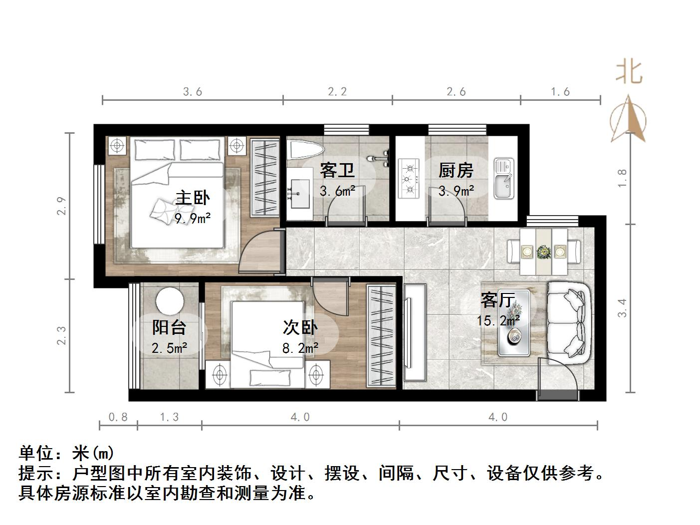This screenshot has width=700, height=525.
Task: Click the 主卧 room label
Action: click(193, 199)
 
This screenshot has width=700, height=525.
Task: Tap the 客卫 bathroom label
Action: click(337, 171)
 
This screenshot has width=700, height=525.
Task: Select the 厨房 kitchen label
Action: click(456, 171)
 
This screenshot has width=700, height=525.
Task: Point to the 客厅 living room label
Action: click(497, 300)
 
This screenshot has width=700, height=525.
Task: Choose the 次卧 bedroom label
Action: click(300, 327)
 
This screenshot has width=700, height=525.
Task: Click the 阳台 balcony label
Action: click(169, 327)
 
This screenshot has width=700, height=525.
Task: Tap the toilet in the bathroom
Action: click(305, 149)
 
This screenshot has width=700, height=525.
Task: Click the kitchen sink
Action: click(503, 178)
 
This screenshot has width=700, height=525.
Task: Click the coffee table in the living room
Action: click(514, 323)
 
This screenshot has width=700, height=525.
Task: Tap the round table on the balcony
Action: click(169, 301)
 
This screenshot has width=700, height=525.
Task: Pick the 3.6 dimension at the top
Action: click(193, 92)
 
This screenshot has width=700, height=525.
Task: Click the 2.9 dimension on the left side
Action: click(61, 206)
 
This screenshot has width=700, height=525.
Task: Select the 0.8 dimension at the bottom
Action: click(118, 417)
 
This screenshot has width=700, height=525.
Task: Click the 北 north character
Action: click(628, 72)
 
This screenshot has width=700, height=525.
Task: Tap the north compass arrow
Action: click(628, 118)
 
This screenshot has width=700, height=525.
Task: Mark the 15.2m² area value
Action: click(498, 320)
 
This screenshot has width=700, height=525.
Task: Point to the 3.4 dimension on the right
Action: click(622, 307)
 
